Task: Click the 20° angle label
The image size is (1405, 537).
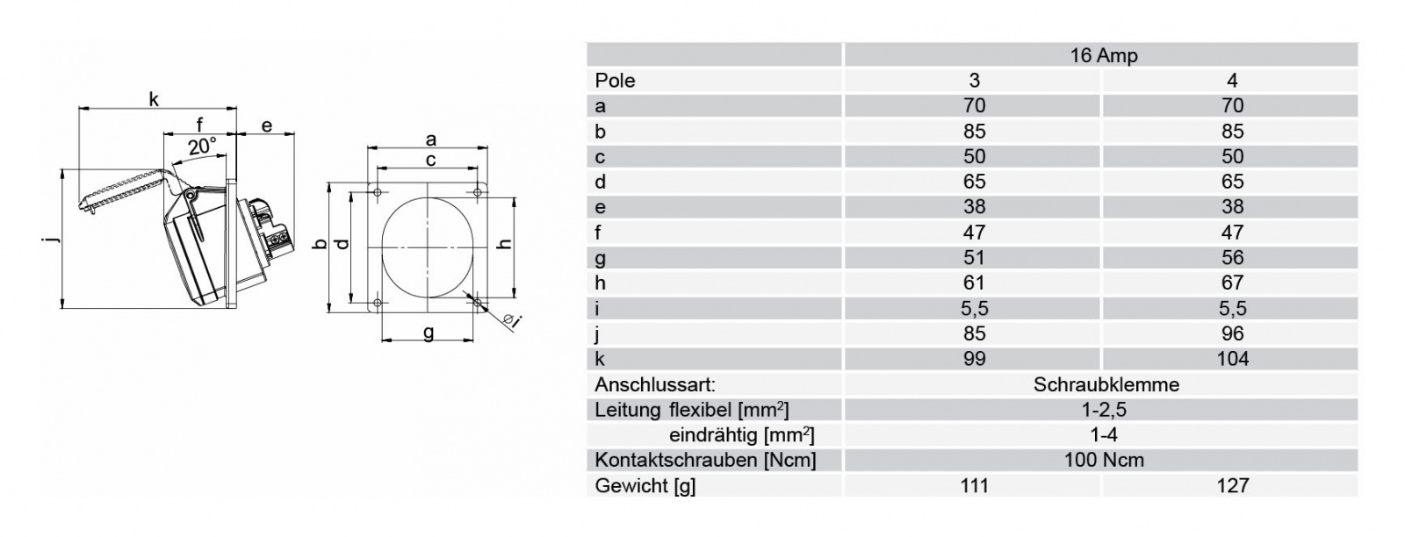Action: [202, 147]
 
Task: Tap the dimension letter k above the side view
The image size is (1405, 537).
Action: [154, 99]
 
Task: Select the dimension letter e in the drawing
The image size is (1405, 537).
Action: [267, 126]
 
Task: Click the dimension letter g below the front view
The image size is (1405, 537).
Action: [429, 332]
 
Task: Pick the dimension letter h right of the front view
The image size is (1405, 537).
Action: [505, 245]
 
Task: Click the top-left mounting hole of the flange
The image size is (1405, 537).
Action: [378, 192]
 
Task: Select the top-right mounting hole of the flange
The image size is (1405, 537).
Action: [478, 192]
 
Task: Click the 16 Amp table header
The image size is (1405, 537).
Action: [1103, 55]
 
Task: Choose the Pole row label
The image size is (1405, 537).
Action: [615, 80]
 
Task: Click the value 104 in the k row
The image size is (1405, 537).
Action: [1232, 358]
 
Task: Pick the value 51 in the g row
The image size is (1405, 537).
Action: [974, 257]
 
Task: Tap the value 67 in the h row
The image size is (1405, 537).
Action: [1232, 283]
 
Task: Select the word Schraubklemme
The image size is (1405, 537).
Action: [1106, 384]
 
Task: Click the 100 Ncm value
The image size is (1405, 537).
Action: [1104, 460]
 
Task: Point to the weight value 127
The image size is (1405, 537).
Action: [1232, 485]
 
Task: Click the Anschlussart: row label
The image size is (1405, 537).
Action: [655, 384]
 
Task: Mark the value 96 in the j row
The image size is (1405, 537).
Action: [1232, 333]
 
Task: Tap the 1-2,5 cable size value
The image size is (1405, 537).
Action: [1104, 410]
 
